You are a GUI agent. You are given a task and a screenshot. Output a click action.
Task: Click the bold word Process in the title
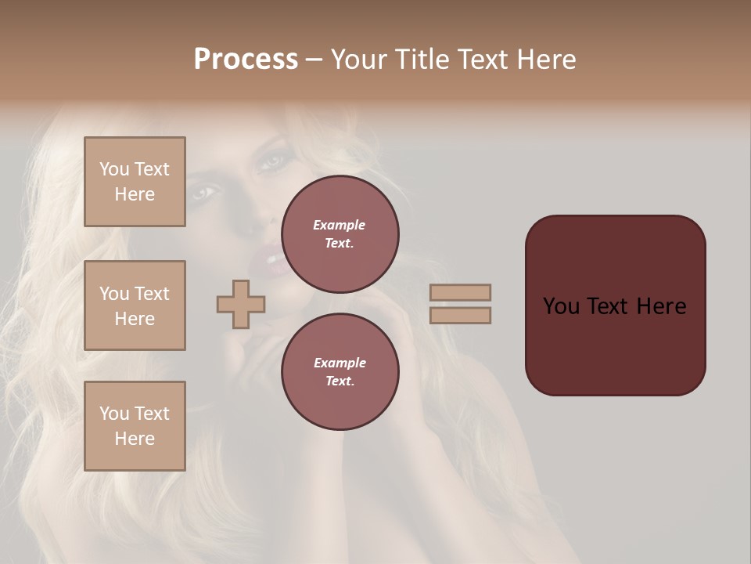[246, 60]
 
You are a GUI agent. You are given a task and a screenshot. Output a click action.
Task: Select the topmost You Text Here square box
[135, 182]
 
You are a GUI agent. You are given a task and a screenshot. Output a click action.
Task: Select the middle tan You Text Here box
[135, 305]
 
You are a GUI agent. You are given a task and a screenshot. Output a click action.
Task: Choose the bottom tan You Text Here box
[135, 426]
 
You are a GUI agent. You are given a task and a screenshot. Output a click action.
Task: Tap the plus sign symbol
[241, 304]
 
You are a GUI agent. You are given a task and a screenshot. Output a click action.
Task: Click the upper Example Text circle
[340, 234]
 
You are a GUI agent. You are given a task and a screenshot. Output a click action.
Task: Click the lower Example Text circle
[340, 372]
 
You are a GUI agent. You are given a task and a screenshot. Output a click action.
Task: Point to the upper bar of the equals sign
[461, 293]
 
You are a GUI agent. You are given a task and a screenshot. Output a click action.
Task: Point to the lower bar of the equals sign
[461, 316]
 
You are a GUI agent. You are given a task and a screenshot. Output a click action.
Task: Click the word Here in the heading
[547, 60]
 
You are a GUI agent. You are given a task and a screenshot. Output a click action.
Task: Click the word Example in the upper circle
[340, 225]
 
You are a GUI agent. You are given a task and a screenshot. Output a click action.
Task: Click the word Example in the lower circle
[340, 363]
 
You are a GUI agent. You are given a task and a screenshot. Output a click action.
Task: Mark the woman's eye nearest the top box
[202, 191]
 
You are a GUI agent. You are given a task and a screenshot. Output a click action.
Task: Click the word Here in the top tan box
[135, 194]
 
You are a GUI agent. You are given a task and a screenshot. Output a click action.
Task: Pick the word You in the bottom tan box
[114, 414]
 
